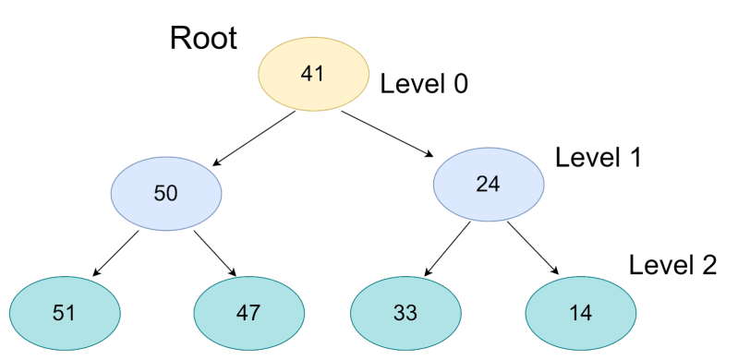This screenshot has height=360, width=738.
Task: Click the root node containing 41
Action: [312, 74]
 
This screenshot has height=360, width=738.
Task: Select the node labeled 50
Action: [166, 193]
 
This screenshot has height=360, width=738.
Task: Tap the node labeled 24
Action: [488, 183]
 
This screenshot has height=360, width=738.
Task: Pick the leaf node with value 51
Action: [64, 312]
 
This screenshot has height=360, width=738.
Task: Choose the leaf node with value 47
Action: [248, 312]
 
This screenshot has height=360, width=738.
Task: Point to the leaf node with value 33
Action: [405, 312]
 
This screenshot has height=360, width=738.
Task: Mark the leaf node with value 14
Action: [580, 312]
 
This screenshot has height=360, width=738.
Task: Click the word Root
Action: [203, 39]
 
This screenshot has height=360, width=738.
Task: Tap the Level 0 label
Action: [424, 84]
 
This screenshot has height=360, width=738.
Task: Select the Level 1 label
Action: [598, 157]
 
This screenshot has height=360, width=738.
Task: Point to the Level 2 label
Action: [672, 266]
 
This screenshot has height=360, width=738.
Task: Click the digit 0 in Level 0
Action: [459, 84]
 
